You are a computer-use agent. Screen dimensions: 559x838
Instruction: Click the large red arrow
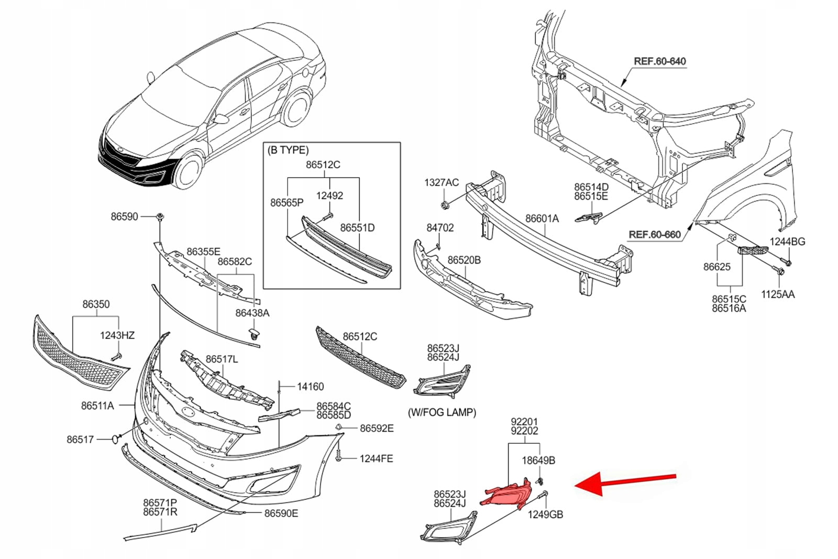pos(626,481)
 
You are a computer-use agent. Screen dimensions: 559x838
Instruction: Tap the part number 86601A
pos(542,218)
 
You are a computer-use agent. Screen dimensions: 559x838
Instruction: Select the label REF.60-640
pos(659,61)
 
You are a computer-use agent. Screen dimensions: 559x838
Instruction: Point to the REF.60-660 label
pos(654,235)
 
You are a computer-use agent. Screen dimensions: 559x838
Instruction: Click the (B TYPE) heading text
pos(288,150)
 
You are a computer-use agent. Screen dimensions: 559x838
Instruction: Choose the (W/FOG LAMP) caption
pos(442,412)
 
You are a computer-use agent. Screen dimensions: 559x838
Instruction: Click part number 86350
pos(96,304)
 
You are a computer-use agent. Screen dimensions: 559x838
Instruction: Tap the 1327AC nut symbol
pos(444,204)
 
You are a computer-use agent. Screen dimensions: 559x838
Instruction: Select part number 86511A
pos(97,405)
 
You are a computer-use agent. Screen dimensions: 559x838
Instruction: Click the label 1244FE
pos(376,459)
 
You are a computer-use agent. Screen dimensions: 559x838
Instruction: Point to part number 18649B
pos(538,461)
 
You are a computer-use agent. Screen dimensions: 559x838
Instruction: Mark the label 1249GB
pos(545,514)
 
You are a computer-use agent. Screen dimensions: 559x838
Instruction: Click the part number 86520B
pos(464,260)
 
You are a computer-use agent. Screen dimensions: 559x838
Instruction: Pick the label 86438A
pos(252,313)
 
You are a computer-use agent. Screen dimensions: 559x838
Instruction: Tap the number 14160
pos(310,387)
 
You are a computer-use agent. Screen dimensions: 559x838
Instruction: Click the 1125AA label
pos(777,294)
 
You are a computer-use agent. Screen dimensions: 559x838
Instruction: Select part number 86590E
pos(281,513)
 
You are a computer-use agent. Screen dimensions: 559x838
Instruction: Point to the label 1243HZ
pos(117,335)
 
